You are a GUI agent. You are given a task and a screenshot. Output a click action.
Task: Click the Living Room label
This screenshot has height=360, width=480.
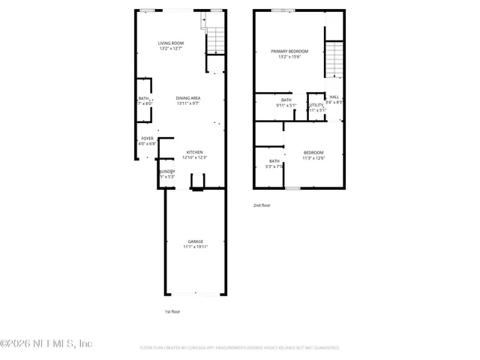click(x=170, y=43)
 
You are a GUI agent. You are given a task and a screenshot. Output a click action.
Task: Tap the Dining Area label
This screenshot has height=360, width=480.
click(x=187, y=98)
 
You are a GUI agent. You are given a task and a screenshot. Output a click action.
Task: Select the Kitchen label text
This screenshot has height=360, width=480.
click(x=194, y=152)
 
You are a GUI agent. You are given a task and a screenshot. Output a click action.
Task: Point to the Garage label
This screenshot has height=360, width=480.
click(x=195, y=241)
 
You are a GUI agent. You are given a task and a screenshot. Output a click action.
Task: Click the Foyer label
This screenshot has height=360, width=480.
click(x=148, y=139)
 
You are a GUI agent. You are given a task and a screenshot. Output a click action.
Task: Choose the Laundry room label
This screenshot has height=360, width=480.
click(x=166, y=172)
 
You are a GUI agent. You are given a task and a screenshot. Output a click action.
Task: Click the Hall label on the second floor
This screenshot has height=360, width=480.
click(x=334, y=97)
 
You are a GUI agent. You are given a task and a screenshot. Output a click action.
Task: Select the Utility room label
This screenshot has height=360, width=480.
click(x=316, y=105)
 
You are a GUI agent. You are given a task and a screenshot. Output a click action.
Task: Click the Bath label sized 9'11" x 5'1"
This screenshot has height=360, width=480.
click(x=286, y=100)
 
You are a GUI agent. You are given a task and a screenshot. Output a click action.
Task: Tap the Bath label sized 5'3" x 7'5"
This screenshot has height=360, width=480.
click(x=274, y=161)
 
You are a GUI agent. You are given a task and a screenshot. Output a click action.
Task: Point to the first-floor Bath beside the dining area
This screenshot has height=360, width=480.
click(x=143, y=98)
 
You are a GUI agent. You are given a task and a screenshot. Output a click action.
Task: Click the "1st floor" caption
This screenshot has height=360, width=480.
click(x=172, y=311)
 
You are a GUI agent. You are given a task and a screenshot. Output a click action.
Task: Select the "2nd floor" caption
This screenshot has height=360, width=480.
click(x=262, y=204)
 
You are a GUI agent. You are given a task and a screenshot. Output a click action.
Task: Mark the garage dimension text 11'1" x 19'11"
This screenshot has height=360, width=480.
click(x=195, y=246)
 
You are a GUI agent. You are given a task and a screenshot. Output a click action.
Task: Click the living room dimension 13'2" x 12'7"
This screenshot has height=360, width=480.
click(x=170, y=49)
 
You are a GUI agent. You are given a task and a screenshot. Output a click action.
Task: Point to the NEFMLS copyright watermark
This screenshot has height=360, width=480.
click(x=46, y=343)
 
